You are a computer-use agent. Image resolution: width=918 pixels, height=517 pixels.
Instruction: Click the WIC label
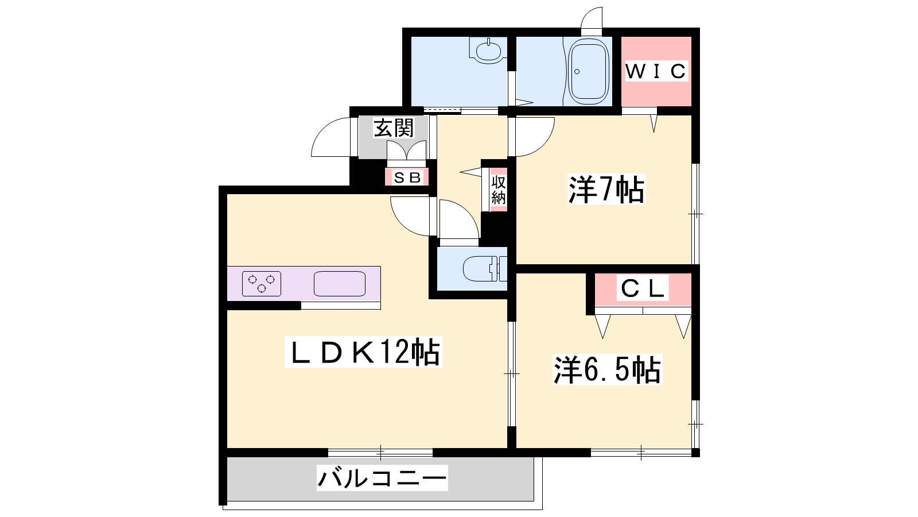656,71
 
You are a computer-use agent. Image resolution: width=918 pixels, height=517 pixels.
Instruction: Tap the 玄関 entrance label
394,128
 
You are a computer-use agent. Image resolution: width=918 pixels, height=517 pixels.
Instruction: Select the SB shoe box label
407,178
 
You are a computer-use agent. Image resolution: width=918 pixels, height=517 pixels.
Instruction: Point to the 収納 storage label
499,190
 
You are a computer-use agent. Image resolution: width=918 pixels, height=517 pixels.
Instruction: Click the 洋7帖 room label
606,190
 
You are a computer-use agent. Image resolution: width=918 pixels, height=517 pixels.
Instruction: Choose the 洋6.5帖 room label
607,370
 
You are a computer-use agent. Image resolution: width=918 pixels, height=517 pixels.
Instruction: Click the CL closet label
642,289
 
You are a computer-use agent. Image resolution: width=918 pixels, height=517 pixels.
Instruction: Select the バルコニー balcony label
382,479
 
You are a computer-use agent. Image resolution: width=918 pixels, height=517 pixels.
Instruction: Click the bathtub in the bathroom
589,72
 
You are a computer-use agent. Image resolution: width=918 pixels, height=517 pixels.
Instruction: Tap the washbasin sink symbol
488,51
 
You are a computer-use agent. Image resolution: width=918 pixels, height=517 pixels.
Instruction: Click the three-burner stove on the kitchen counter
262,284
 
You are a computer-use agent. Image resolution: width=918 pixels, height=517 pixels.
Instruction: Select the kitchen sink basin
340,284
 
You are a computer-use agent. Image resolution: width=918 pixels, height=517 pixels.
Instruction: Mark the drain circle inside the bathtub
577,72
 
